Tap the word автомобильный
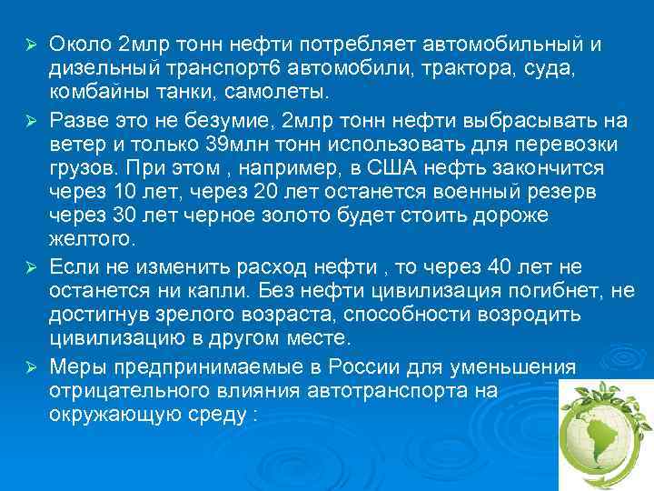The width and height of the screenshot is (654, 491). click(x=507, y=45)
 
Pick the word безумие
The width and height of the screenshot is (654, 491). click(x=231, y=119)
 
